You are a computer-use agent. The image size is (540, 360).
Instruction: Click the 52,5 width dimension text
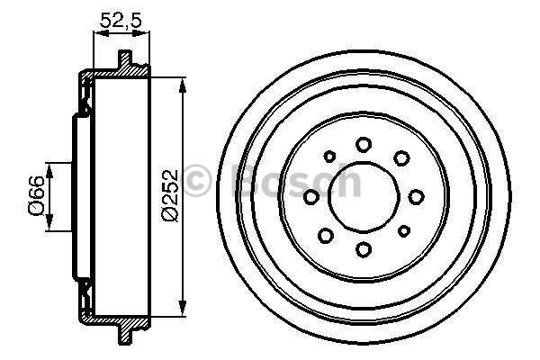point(121,17)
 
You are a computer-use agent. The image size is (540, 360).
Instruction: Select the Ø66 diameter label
point(33,195)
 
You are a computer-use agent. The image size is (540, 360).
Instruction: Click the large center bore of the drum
point(364,196)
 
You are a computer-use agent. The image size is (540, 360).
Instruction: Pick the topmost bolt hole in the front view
point(364,144)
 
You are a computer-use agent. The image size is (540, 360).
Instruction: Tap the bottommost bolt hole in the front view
point(364,249)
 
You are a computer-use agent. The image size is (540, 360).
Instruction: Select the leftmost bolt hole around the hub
point(311,196)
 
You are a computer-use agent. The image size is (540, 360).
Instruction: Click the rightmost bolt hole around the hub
point(416,196)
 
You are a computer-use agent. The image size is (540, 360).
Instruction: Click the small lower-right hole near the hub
point(400,234)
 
